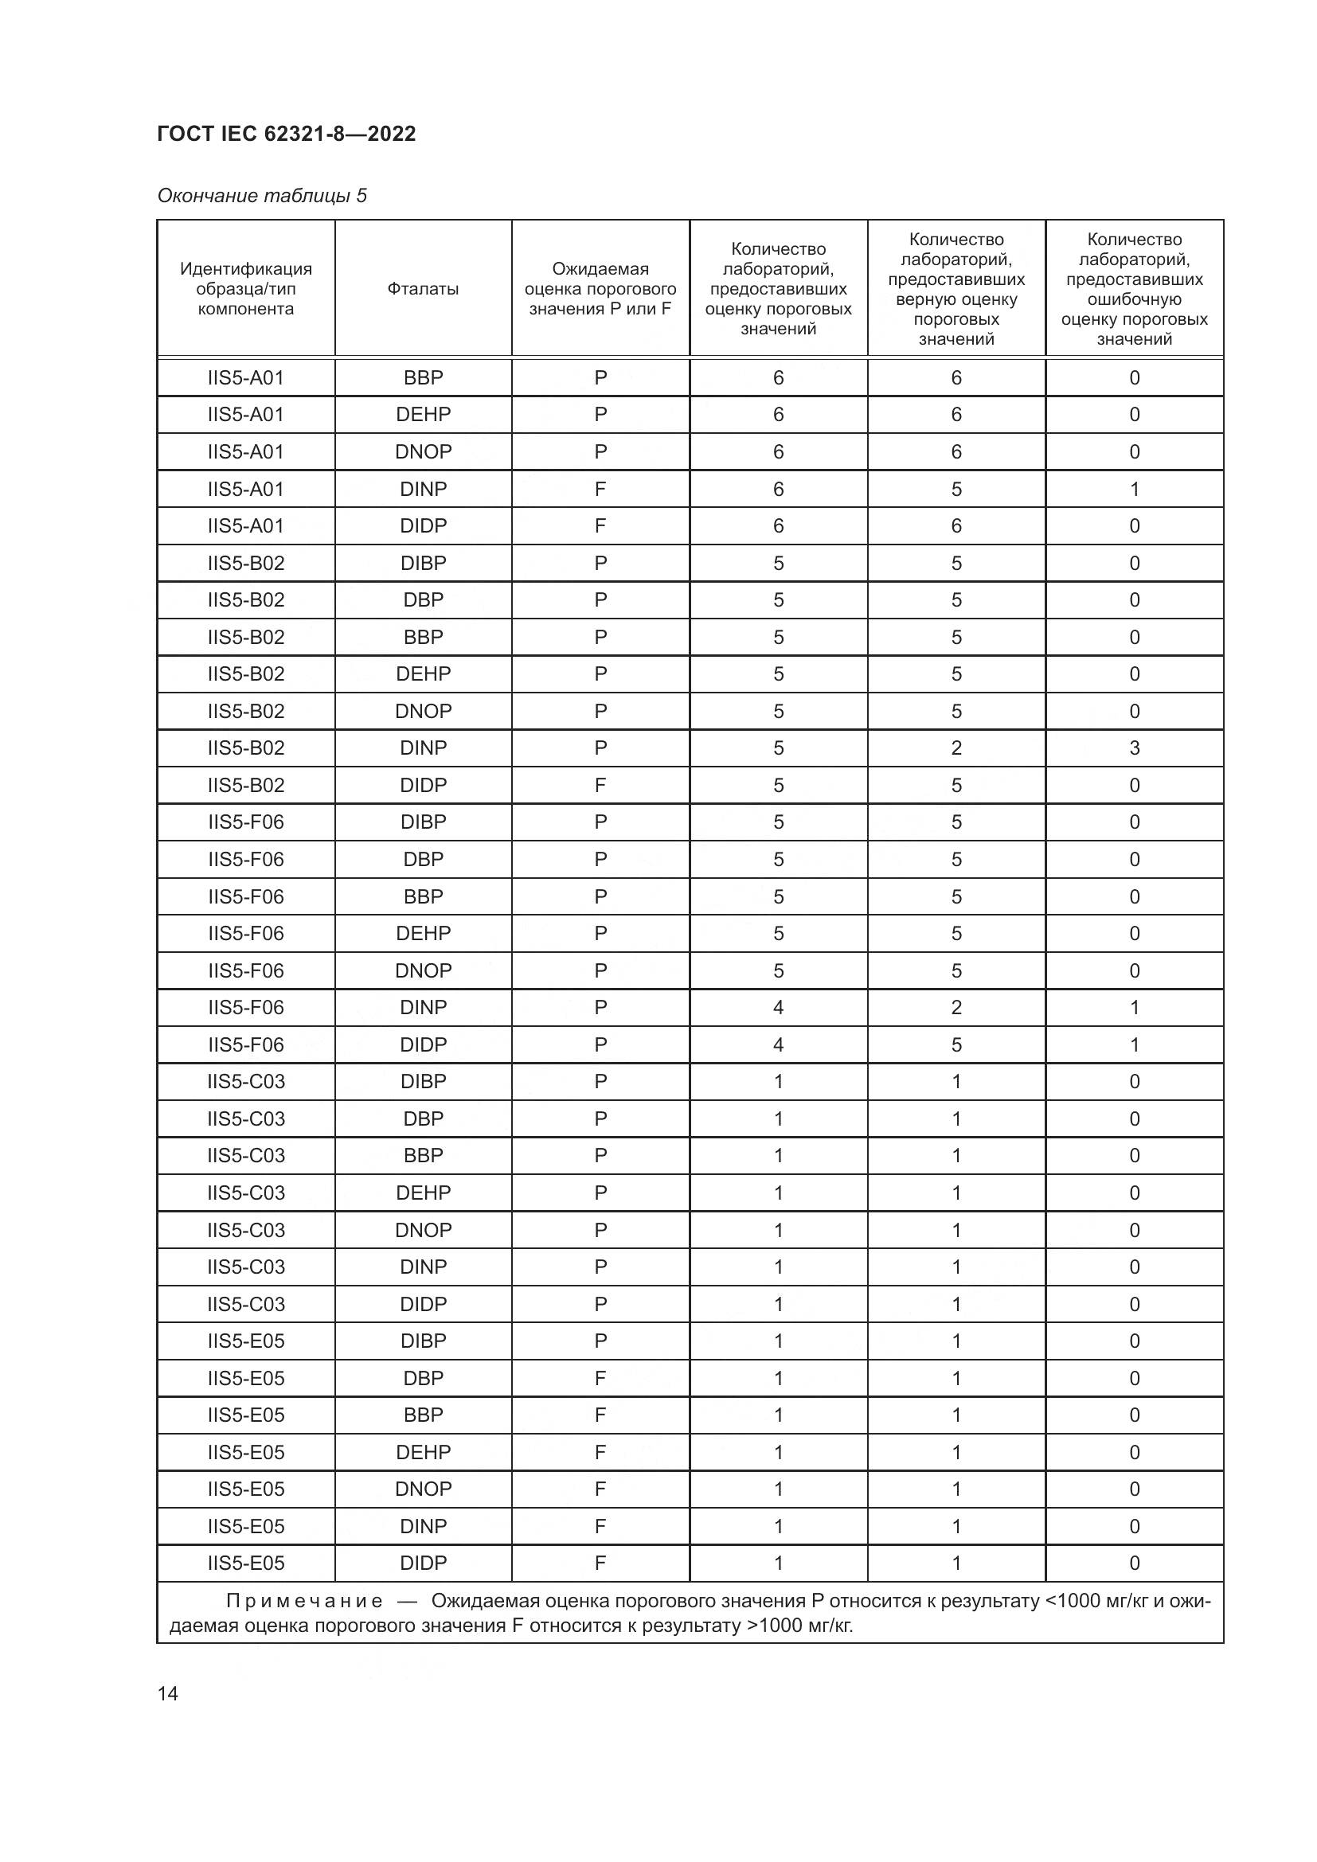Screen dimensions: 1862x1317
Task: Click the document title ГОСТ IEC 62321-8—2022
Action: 287,134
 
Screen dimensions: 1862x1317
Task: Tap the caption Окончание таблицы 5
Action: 262,196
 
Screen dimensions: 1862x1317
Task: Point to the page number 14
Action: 168,1693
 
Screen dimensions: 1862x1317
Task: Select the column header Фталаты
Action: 423,289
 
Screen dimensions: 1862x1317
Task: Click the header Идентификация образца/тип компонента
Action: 246,289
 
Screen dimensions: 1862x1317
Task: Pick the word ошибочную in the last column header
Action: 1134,299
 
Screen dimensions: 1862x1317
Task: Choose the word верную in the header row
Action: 924,299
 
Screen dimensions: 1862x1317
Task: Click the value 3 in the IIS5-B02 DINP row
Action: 1134,748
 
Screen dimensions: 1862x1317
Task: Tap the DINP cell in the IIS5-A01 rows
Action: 423,489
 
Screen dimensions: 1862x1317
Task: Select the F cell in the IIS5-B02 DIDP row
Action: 600,785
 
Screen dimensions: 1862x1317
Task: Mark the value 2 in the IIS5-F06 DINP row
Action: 956,1007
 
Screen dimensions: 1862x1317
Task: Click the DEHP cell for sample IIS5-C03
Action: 423,1193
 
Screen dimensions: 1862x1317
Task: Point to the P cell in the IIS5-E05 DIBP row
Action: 600,1341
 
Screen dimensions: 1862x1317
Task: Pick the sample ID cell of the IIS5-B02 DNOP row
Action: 246,711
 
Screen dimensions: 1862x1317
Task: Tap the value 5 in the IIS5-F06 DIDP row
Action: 956,1044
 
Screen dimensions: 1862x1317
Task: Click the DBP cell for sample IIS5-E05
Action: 423,1379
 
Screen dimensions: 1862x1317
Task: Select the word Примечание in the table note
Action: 304,1601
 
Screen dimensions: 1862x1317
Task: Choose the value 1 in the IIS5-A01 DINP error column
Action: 1134,489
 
